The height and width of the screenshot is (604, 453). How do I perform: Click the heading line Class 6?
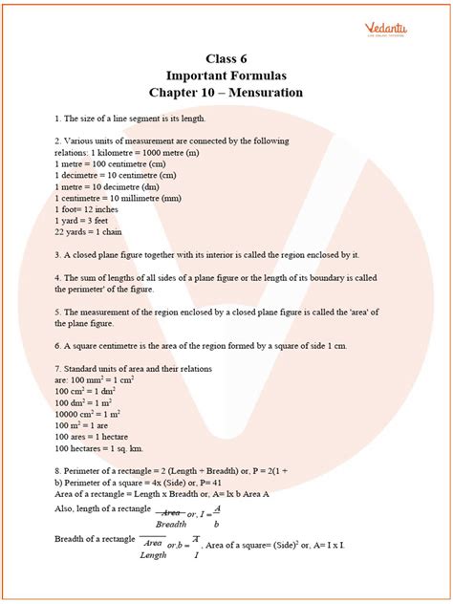[x=226, y=57]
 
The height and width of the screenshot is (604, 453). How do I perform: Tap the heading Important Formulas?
[x=226, y=75]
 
